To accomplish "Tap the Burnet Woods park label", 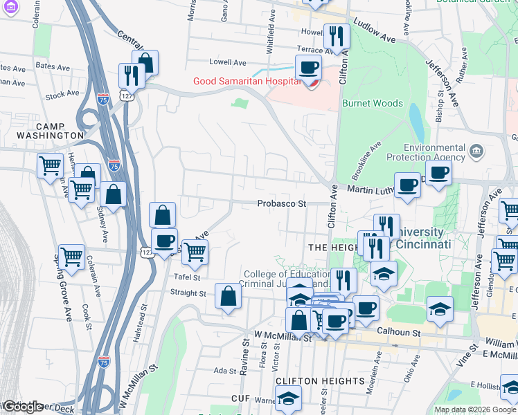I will [x=372, y=103].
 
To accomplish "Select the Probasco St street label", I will [x=281, y=204].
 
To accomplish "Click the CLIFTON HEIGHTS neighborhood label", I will [x=320, y=381].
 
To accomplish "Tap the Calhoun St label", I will [x=399, y=333].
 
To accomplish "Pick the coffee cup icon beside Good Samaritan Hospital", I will [x=308, y=68].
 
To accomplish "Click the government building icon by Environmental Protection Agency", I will [x=476, y=151].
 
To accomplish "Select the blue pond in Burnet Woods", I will [x=416, y=121].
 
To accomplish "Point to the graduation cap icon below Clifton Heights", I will [x=288, y=399].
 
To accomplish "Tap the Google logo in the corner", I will [x=22, y=407].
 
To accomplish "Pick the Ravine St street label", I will [x=245, y=357].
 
